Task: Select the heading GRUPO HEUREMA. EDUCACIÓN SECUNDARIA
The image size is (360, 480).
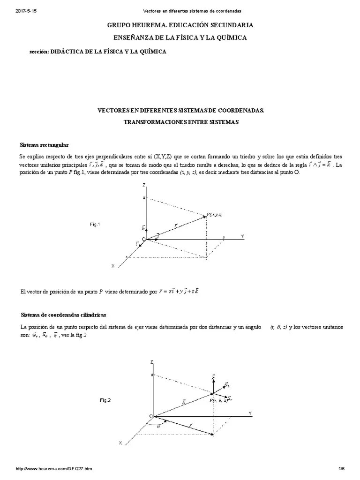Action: click(180, 25)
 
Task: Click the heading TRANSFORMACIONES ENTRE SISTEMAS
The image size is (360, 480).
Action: click(181, 122)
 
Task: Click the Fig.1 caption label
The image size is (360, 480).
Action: click(95, 225)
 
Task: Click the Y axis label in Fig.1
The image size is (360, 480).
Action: click(242, 237)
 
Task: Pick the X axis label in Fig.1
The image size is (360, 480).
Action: click(113, 266)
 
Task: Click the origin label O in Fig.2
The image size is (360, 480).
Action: click(150, 416)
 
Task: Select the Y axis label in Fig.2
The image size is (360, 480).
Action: click(250, 413)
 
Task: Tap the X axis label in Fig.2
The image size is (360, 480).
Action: click(120, 442)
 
